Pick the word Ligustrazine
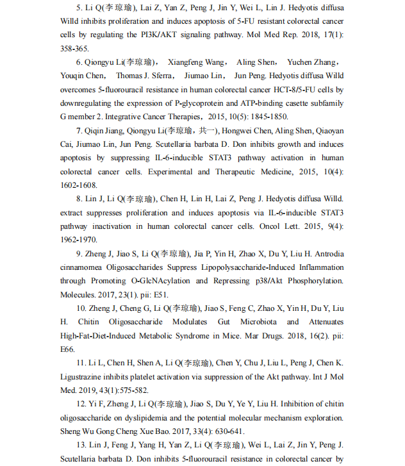[x=83, y=376]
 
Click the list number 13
[x=81, y=445]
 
